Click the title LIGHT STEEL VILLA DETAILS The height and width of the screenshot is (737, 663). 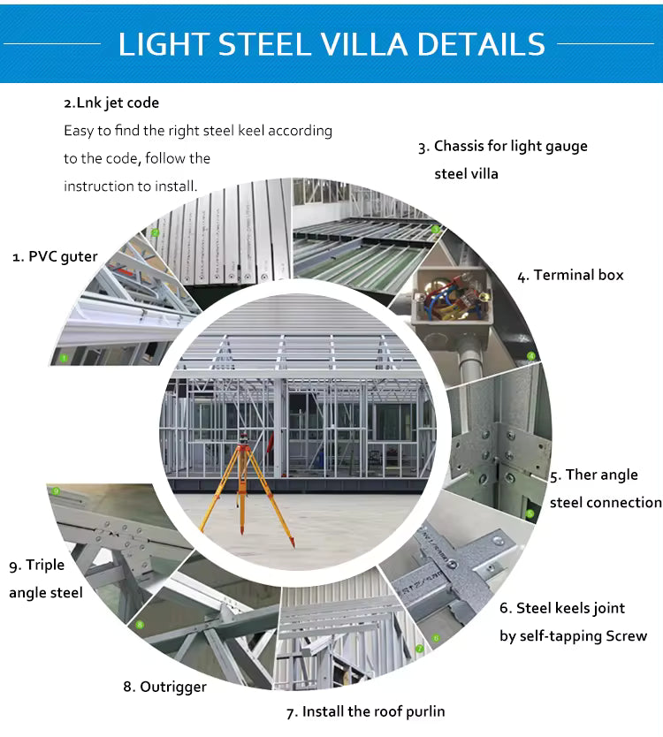click(331, 43)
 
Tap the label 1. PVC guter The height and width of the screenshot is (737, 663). click(54, 256)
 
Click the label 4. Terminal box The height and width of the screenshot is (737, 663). click(570, 275)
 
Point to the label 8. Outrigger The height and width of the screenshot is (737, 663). click(164, 686)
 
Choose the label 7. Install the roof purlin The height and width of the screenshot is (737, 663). click(365, 710)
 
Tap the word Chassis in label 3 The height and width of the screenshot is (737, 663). click(464, 146)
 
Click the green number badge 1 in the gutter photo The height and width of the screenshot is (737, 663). click(64, 358)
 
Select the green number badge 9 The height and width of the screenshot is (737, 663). click(56, 491)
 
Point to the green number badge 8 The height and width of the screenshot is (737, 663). click(140, 625)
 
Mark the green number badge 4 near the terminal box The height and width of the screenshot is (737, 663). click(530, 356)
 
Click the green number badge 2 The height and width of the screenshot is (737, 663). click(156, 233)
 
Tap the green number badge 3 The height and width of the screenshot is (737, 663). click(435, 228)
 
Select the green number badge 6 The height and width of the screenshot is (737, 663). click(435, 637)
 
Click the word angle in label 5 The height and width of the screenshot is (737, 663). click(621, 475)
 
